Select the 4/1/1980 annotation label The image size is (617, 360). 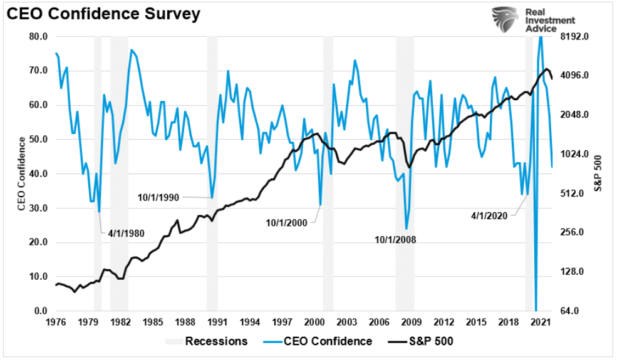coord(126,233)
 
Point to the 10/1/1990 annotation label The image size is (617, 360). coord(158,197)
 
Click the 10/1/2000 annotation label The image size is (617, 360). coord(287,222)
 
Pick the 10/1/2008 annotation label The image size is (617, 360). coord(395,239)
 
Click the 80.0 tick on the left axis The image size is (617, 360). coord(38,36)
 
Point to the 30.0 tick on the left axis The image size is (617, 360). coord(38,208)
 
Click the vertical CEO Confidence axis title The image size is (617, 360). coord(21,173)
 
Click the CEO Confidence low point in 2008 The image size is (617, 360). coord(407,229)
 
